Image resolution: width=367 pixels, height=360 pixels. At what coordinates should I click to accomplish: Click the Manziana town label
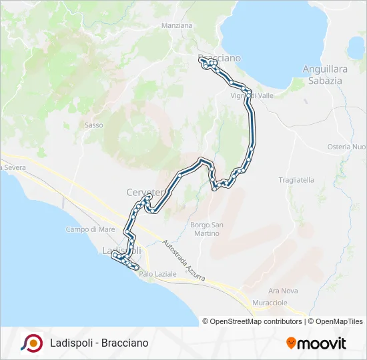[177, 25]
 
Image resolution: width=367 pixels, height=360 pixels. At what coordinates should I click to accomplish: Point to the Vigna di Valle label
[252, 95]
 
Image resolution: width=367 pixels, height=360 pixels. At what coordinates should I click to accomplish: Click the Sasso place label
[93, 125]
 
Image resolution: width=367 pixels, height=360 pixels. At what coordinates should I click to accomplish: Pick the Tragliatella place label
[296, 180]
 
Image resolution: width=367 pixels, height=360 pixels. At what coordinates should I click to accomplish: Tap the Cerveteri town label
[144, 193]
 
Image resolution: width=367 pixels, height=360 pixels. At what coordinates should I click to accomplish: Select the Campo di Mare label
[91, 229]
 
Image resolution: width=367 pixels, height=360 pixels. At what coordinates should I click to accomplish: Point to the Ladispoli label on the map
[120, 250]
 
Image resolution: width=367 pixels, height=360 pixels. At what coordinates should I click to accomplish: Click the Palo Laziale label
[157, 273]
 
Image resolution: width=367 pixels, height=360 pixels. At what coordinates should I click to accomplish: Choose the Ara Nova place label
[282, 291]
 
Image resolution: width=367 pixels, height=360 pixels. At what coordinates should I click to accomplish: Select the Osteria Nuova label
[347, 147]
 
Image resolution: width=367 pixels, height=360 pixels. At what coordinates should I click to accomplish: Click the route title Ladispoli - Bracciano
[99, 343]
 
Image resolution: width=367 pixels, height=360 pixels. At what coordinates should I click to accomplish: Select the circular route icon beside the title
[32, 343]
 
